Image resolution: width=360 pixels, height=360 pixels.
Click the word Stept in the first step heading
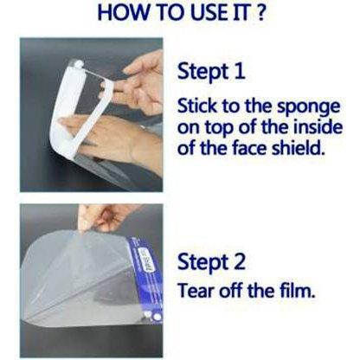(204, 71)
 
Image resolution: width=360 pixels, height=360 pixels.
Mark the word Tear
(196, 290)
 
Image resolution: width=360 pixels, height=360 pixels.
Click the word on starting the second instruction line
(189, 127)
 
